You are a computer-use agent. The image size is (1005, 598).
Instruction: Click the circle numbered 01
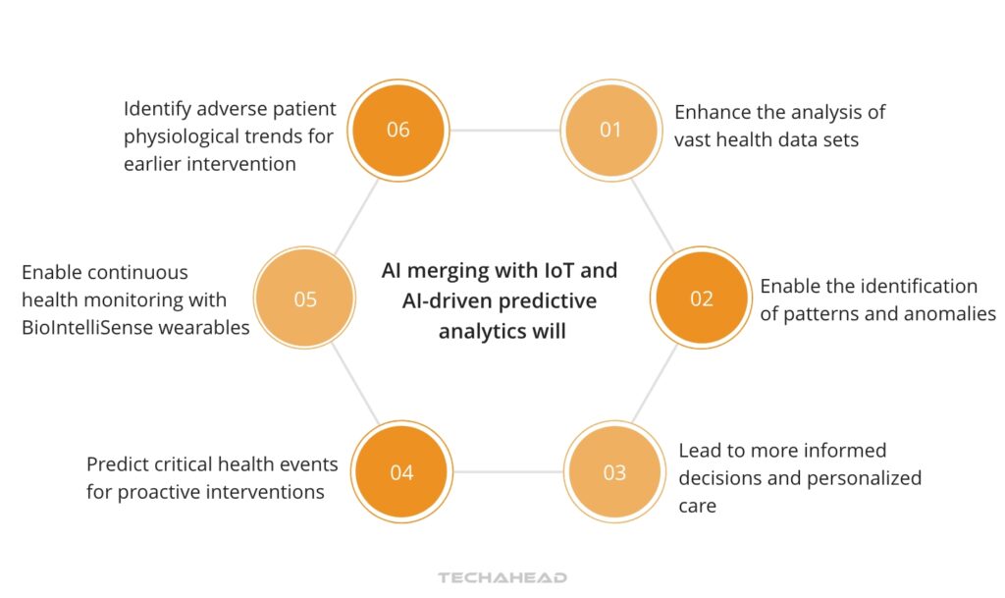coord(609,130)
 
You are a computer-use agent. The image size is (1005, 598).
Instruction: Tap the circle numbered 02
coord(701,299)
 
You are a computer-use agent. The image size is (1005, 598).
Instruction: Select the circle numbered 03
coord(613,472)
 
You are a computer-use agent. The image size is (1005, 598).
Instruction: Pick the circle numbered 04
coord(401,472)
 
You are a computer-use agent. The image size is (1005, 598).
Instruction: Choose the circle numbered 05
coord(305,299)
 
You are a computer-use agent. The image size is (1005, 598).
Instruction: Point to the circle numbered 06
coord(397,130)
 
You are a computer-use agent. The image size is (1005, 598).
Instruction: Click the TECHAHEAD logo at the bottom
coord(502,577)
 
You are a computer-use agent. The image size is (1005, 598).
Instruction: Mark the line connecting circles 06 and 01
coord(503,130)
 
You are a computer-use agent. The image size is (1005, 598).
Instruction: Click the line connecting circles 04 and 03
coord(507,472)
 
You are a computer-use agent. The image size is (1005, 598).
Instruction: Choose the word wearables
coord(207,327)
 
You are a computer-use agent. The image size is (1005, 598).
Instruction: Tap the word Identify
coord(158,108)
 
